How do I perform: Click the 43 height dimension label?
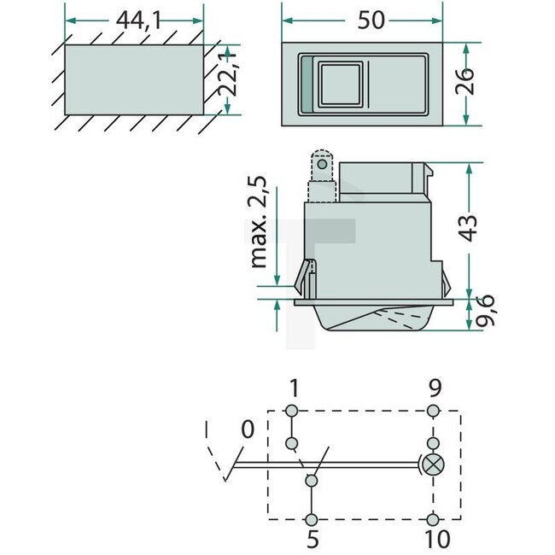(x=488, y=226)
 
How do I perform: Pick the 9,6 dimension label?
(x=488, y=316)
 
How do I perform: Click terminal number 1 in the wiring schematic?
(x=294, y=389)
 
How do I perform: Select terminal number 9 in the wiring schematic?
(x=434, y=389)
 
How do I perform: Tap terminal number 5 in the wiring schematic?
(x=313, y=540)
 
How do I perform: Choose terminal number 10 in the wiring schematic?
(x=434, y=540)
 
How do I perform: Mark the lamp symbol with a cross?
(x=433, y=465)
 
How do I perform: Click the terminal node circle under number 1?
(x=293, y=412)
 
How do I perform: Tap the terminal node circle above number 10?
(x=434, y=518)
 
